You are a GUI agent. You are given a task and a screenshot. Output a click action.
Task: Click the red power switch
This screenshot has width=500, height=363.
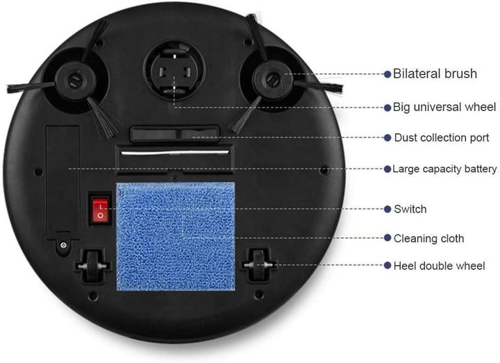point(100,210)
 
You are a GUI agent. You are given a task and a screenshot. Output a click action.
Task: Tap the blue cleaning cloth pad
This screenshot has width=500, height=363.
point(176,237)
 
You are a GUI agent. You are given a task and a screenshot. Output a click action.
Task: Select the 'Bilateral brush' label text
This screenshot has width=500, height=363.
point(435,74)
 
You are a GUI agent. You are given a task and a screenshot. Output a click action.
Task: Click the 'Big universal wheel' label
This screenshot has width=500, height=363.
point(444,107)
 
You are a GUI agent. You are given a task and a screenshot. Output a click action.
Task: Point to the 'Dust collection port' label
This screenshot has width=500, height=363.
point(442,137)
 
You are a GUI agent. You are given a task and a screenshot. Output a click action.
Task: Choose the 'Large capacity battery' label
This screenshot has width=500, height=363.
point(444,169)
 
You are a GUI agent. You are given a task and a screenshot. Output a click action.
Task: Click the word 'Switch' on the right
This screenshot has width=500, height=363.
point(410,209)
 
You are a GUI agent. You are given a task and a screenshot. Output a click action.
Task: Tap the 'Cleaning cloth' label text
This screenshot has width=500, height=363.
point(429,238)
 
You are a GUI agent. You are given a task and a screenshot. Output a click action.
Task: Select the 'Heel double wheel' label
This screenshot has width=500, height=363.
point(440,266)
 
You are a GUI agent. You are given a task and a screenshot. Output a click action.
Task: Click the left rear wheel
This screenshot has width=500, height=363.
point(93,266)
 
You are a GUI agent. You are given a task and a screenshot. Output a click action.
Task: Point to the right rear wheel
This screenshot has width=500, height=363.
point(258,265)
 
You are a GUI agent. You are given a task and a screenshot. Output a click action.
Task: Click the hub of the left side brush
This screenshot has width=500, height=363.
point(75,80)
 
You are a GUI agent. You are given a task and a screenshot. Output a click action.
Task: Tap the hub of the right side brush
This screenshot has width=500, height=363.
point(273,80)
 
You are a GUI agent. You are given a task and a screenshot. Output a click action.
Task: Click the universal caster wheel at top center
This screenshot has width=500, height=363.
point(174,70)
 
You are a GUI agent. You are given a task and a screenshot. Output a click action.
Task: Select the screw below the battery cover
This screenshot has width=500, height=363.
point(63,245)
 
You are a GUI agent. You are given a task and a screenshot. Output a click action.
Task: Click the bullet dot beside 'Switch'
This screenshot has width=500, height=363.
point(387,209)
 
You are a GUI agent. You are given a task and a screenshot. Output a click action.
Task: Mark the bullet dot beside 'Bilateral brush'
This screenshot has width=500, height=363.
point(387,74)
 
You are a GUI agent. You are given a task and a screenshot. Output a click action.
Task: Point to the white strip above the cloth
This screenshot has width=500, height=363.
point(175,153)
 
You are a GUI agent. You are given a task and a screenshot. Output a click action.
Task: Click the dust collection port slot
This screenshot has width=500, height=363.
point(175,133)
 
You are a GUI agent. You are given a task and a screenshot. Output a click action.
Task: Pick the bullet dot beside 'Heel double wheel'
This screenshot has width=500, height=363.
point(387,265)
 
